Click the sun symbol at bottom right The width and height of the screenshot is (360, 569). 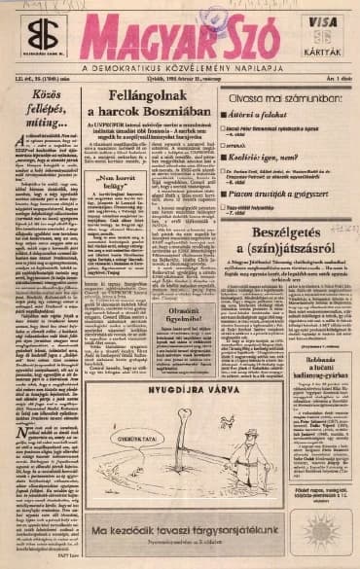pos(322,533)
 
